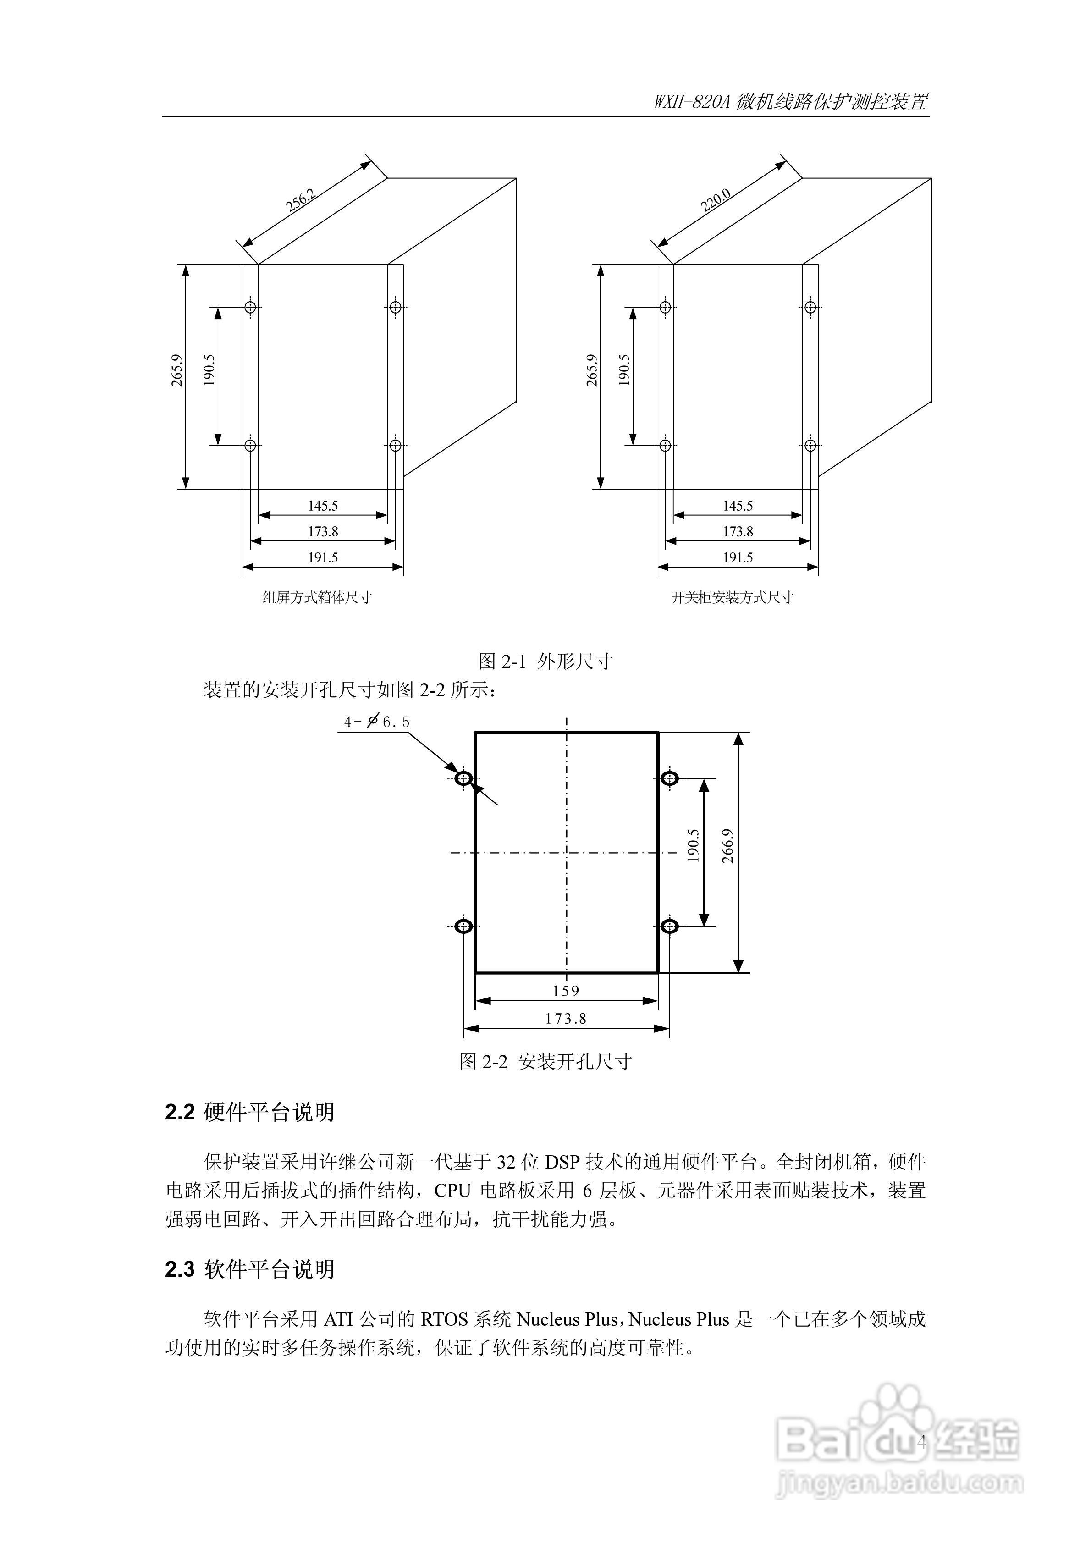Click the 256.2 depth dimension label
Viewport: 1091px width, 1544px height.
click(x=300, y=200)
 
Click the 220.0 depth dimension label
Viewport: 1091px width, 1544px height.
click(x=716, y=200)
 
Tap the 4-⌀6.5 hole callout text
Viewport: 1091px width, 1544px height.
click(x=377, y=722)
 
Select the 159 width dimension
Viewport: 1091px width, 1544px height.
click(x=566, y=991)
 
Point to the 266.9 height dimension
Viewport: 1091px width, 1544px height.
click(x=727, y=845)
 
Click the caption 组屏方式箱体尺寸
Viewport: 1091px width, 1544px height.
click(x=317, y=597)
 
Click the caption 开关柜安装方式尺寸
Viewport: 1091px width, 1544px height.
click(x=732, y=597)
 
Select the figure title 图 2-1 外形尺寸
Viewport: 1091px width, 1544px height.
click(x=545, y=661)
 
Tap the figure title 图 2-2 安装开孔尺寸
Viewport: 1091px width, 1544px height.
click(x=545, y=1061)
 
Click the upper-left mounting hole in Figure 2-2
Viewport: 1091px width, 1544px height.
click(x=464, y=779)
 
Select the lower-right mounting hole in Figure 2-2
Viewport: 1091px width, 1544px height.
click(x=669, y=926)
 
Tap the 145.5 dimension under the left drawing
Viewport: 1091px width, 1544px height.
click(x=323, y=506)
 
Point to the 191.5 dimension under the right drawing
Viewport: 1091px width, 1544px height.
click(x=738, y=557)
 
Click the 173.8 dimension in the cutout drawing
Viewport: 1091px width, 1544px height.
click(x=566, y=1019)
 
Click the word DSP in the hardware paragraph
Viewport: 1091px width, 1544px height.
click(x=562, y=1162)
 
